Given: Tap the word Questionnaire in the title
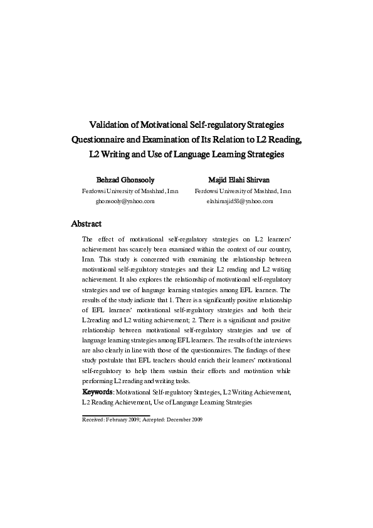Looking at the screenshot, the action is (101, 140).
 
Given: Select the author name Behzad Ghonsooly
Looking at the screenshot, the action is (124, 179).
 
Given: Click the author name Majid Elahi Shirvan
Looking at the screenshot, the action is (243, 179).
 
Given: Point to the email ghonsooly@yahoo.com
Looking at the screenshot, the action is (125, 201).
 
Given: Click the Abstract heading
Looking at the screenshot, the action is (87, 223).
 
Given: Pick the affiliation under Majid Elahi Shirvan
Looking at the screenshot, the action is (243, 191).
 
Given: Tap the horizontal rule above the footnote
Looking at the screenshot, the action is (116, 414).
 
